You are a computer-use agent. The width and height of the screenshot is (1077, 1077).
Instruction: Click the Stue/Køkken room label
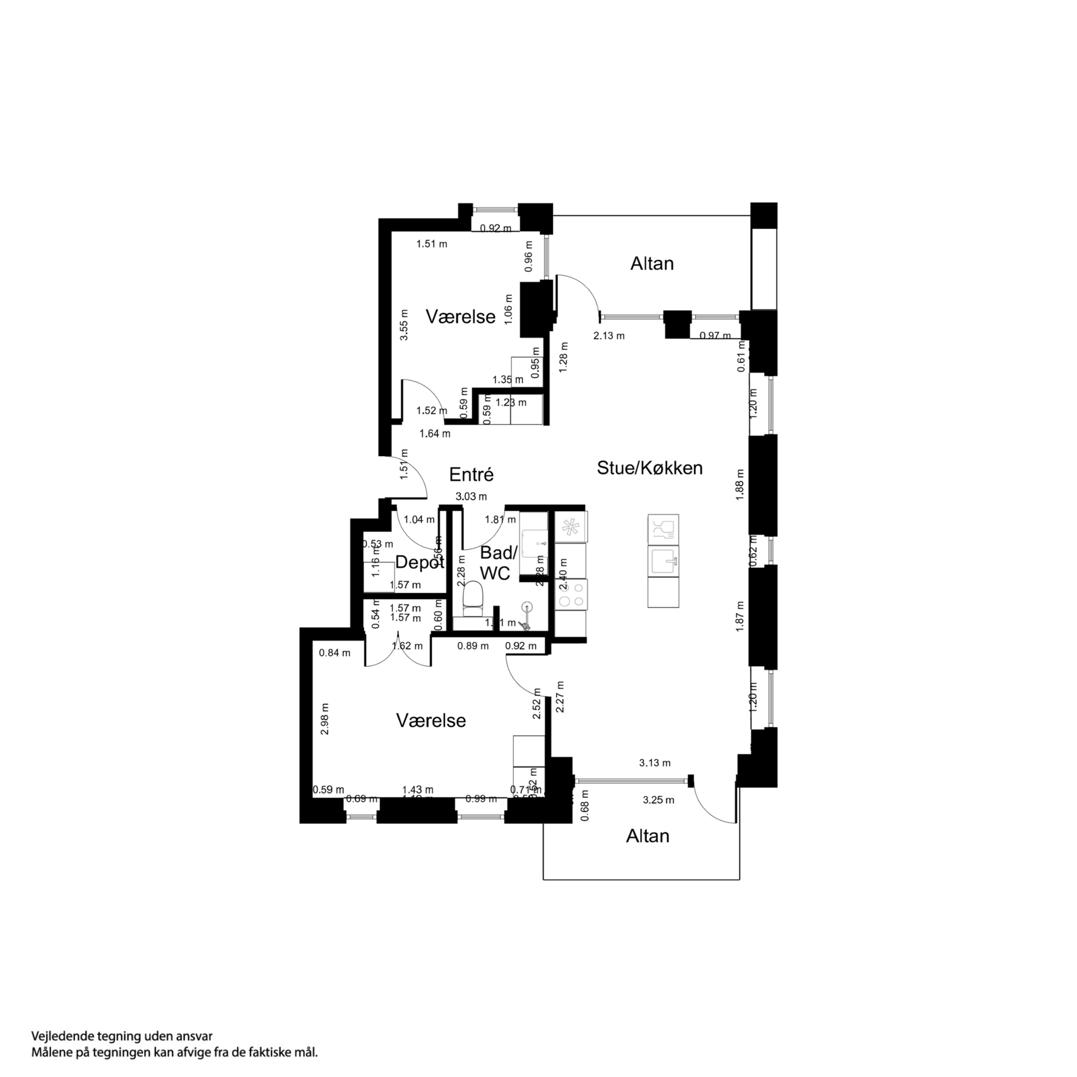pyautogui.click(x=650, y=468)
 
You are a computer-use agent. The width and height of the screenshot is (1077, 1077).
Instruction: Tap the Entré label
pyautogui.click(x=471, y=474)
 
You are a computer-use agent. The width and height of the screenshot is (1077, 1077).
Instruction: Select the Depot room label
pyautogui.click(x=419, y=562)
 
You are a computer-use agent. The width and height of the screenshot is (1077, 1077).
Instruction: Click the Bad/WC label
pyautogui.click(x=498, y=562)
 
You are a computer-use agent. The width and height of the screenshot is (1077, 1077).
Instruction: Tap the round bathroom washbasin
pyautogui.click(x=526, y=607)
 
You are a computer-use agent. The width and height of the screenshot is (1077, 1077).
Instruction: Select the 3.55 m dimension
pyautogui.click(x=404, y=325)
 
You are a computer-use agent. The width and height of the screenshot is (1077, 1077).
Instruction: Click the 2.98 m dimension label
pyautogui.click(x=325, y=719)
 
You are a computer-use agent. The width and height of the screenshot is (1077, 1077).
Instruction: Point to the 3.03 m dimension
pyautogui.click(x=471, y=496)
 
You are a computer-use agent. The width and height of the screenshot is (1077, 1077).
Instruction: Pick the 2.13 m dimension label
pyautogui.click(x=609, y=336)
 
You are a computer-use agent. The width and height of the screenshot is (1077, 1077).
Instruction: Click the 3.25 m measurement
pyautogui.click(x=658, y=800)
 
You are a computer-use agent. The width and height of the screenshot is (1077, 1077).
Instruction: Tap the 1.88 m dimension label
pyautogui.click(x=740, y=485)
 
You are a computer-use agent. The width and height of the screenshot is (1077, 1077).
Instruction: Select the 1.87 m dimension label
pyautogui.click(x=740, y=616)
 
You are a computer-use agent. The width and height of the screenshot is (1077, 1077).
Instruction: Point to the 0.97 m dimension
pyautogui.click(x=715, y=336)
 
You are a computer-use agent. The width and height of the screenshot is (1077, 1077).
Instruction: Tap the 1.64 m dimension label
pyautogui.click(x=435, y=433)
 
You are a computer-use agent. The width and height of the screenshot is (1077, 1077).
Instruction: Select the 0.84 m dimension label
pyautogui.click(x=334, y=653)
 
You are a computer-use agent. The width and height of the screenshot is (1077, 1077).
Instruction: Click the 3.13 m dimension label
pyautogui.click(x=655, y=763)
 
